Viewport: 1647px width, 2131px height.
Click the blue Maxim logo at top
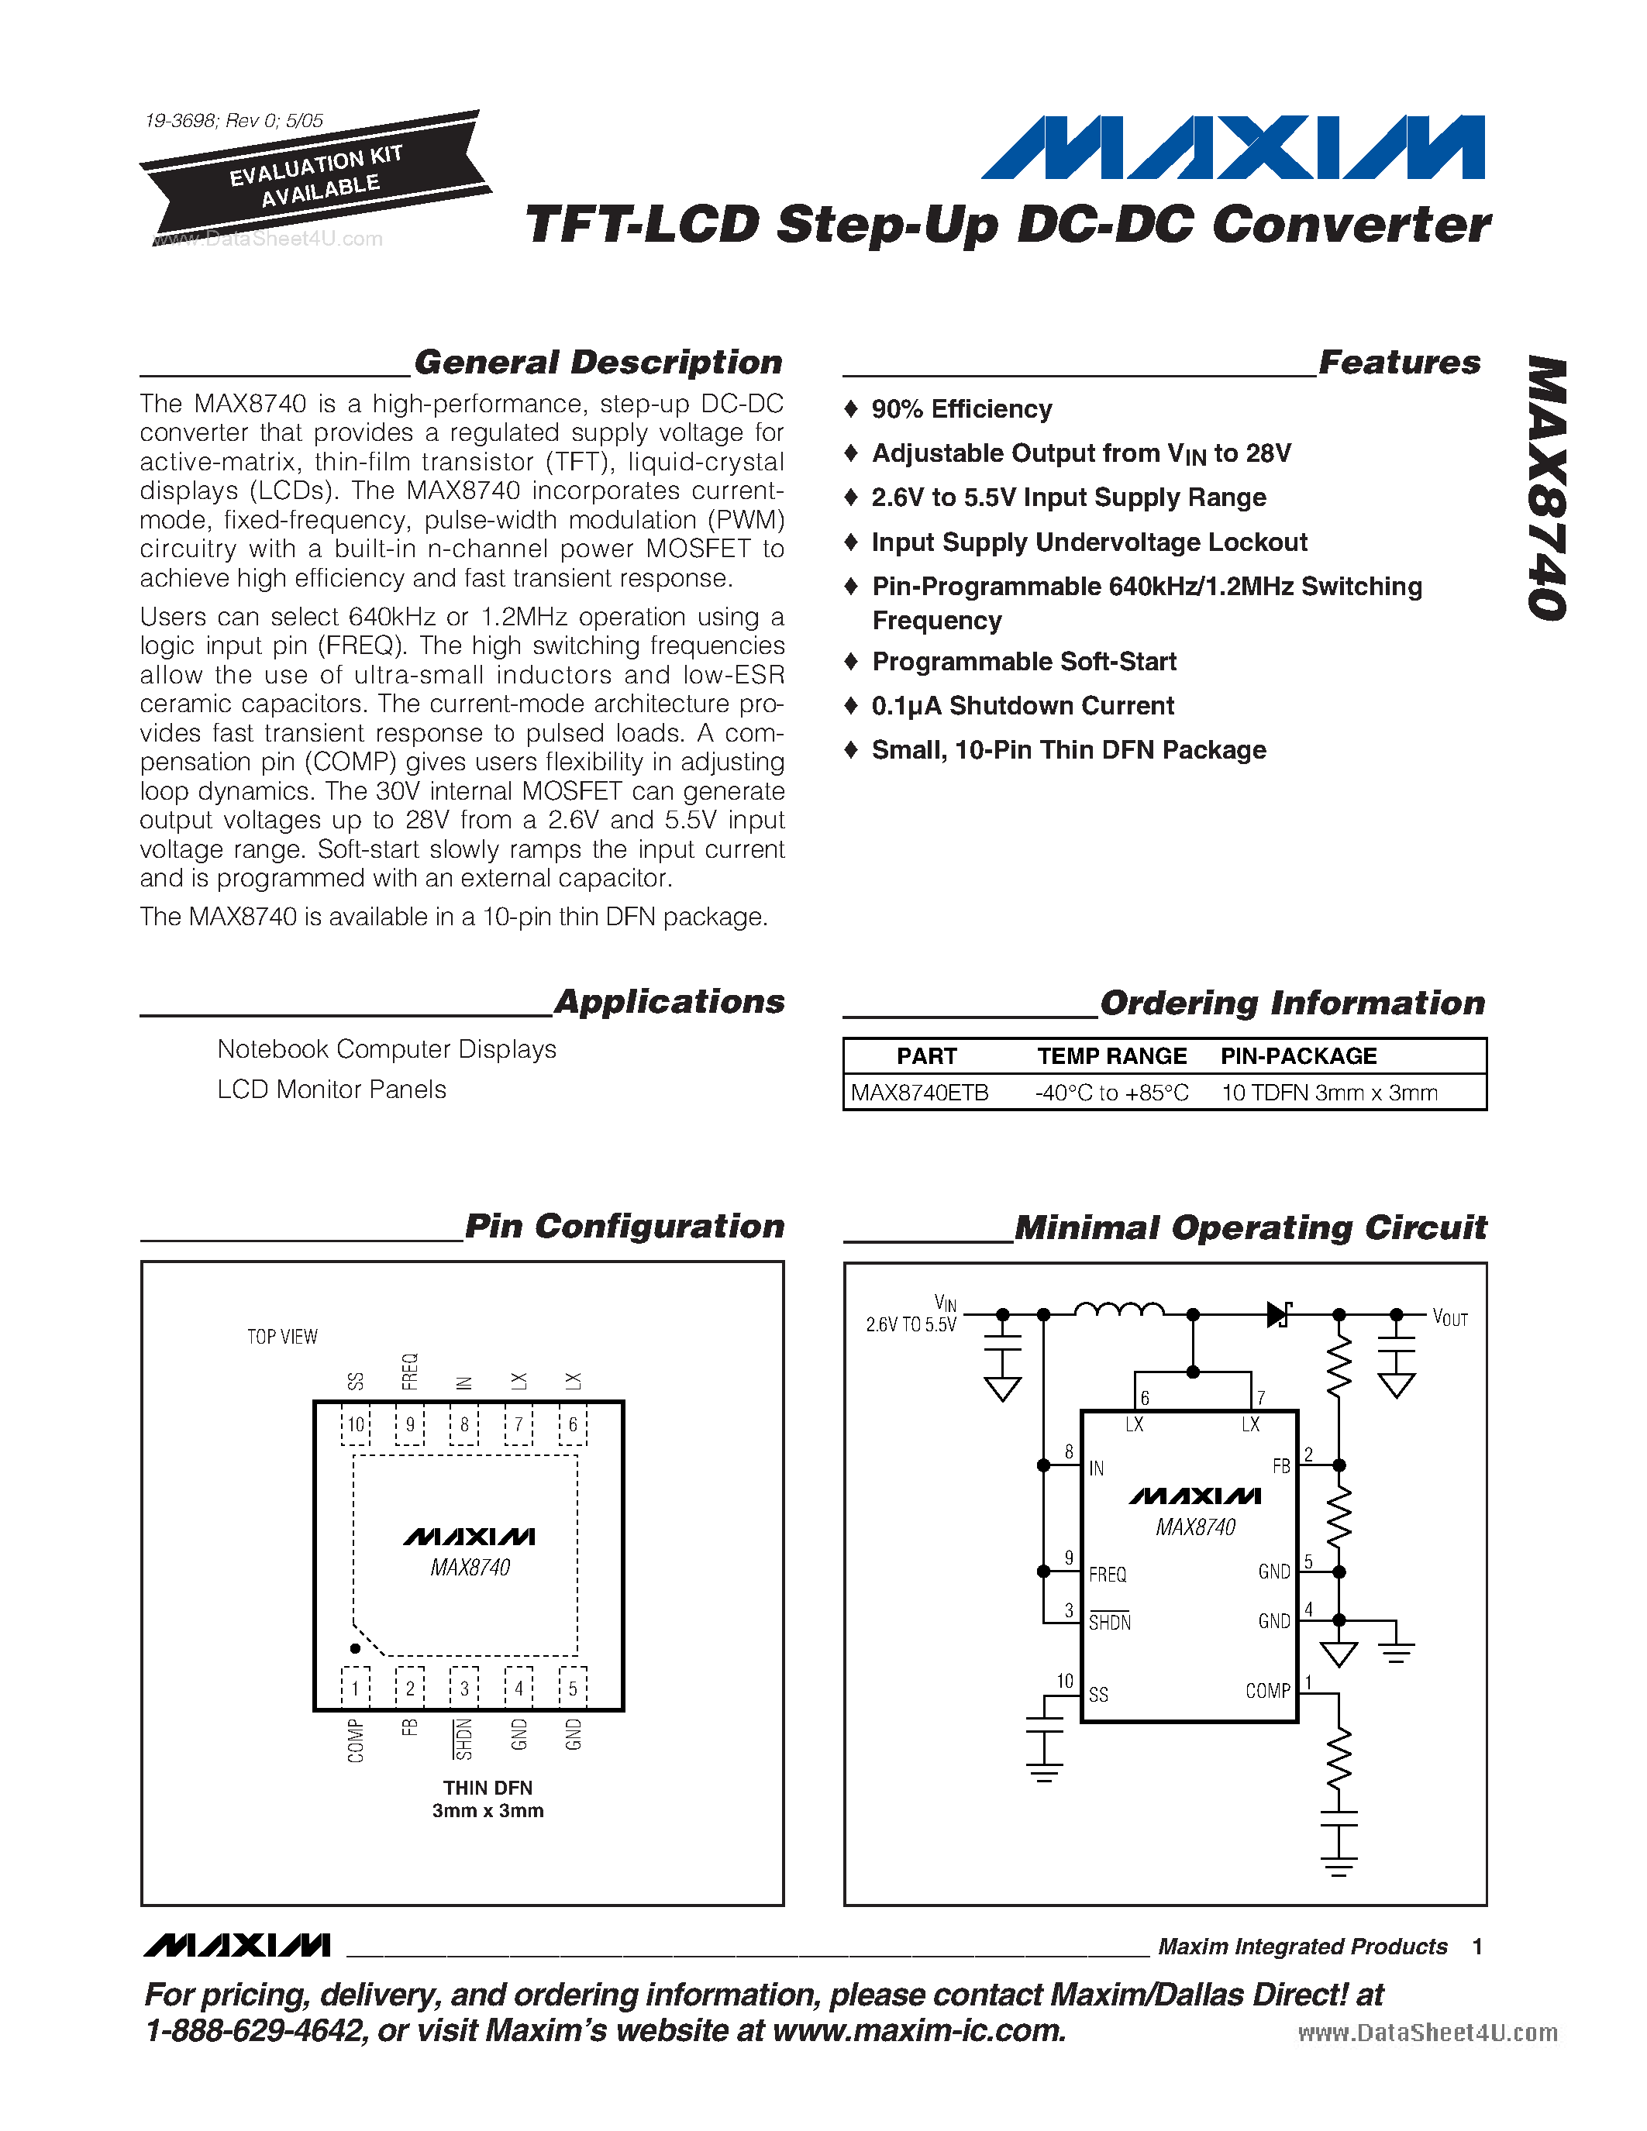(x=1232, y=147)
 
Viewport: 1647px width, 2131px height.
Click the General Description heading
(x=598, y=362)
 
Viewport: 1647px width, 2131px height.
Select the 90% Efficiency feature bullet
(x=961, y=409)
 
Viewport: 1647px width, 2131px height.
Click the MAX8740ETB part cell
(x=919, y=1093)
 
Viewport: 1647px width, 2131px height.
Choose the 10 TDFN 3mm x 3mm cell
(x=1329, y=1093)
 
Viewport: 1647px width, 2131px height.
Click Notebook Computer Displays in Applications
(x=387, y=1049)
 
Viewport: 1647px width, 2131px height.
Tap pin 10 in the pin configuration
(x=356, y=1424)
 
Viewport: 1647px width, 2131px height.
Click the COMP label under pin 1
(x=355, y=1740)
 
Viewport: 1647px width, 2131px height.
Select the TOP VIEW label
(x=282, y=1337)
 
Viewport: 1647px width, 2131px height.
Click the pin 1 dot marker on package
(x=355, y=1648)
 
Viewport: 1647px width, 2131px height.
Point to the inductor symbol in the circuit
(x=1118, y=1310)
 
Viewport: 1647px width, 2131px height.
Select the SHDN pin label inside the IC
(x=1109, y=1623)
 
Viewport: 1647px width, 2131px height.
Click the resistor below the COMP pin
(x=1339, y=1758)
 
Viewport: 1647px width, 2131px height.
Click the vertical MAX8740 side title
(x=1548, y=488)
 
